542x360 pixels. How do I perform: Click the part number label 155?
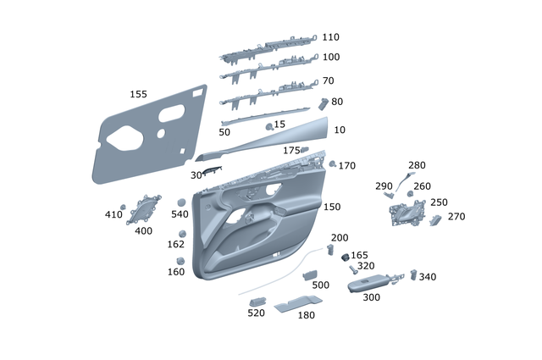[x=138, y=94]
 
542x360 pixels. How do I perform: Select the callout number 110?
[x=330, y=37]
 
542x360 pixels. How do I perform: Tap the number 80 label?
[x=337, y=102]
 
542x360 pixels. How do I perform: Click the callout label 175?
[x=291, y=150]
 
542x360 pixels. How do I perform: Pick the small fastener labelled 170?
[x=333, y=163]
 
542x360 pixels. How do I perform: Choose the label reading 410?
[x=113, y=215]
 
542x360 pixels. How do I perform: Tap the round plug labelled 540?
[x=181, y=202]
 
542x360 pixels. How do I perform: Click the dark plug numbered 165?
[x=346, y=255]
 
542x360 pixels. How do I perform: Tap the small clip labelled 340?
[x=414, y=274]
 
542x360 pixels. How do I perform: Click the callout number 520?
[x=256, y=313]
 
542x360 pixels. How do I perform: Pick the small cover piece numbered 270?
[x=435, y=219]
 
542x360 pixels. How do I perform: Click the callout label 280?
[x=417, y=165]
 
